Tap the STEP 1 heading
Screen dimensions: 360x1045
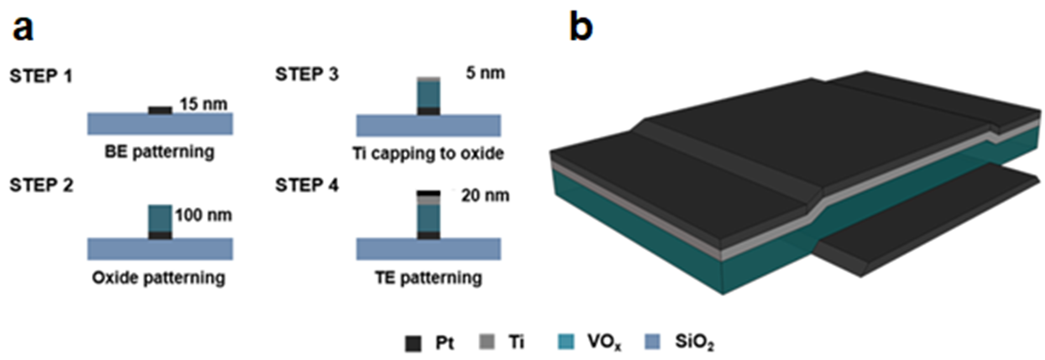coord(41,76)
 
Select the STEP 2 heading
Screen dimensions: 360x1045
coord(41,185)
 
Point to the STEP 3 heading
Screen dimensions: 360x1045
coord(307,74)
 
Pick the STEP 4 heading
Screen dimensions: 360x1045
coord(307,185)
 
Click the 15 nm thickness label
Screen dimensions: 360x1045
coord(203,103)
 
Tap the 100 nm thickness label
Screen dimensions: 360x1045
coord(203,215)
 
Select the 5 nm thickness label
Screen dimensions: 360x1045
coord(485,73)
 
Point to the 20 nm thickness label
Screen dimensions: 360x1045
coord(485,195)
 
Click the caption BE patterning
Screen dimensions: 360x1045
coord(159,152)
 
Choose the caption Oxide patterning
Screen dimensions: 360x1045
coord(159,278)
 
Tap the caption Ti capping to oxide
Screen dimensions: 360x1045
coord(428,153)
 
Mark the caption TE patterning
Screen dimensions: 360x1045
coord(428,278)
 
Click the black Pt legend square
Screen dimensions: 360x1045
coord(413,343)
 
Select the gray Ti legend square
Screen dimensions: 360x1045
coord(487,342)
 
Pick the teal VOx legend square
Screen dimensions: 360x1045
coord(566,342)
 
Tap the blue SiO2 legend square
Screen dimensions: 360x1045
coord(653,342)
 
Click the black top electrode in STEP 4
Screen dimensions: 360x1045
coord(429,194)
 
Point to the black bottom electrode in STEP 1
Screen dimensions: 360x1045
coord(160,110)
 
